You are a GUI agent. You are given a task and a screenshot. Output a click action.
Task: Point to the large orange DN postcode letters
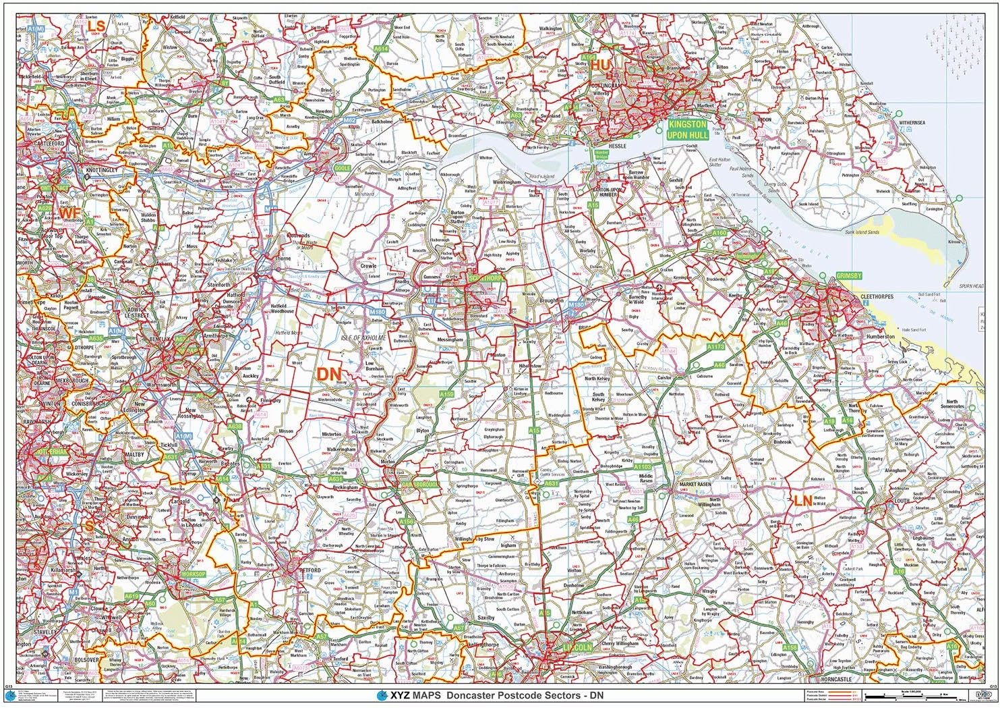(330, 375)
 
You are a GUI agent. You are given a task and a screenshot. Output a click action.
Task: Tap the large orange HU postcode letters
(600, 63)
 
